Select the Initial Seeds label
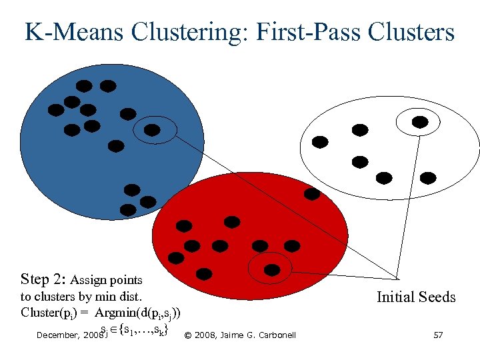click(416, 297)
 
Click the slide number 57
click(438, 335)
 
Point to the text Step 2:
click(43, 279)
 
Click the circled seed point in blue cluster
click(153, 130)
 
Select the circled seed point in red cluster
click(273, 269)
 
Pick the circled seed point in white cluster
click(420, 121)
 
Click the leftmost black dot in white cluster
click(320, 142)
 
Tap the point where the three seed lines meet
click(397, 278)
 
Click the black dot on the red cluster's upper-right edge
click(311, 194)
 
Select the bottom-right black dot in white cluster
click(428, 177)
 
